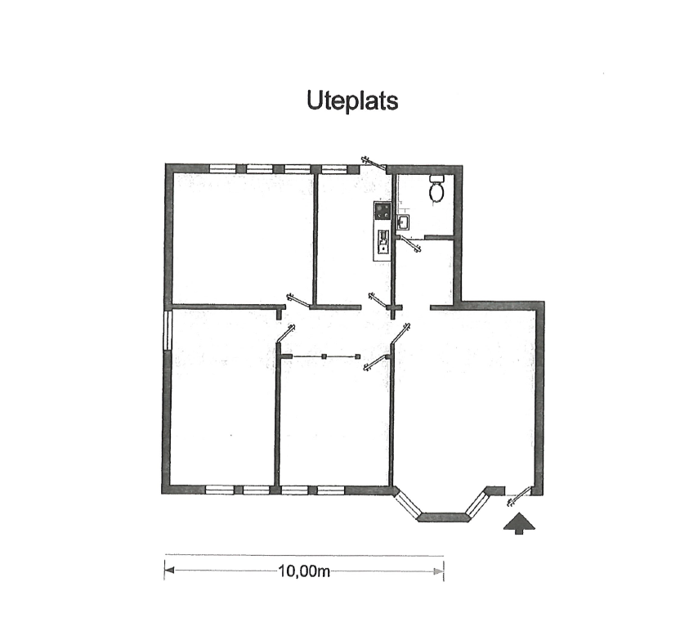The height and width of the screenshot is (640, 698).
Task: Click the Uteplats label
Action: click(x=352, y=101)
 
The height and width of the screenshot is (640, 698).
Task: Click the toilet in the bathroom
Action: click(x=436, y=188)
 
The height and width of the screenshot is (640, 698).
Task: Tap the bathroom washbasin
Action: click(x=403, y=222)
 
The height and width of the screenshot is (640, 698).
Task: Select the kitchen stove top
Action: click(x=383, y=210)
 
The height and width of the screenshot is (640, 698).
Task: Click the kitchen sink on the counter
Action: click(x=383, y=242)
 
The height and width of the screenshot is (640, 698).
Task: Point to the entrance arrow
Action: click(x=519, y=523)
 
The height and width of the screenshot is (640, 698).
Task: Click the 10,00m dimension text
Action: click(x=304, y=571)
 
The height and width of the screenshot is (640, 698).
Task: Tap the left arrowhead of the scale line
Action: click(x=169, y=571)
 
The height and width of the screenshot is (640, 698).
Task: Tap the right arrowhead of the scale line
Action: click(x=439, y=571)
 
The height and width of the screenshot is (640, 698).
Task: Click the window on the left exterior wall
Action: click(x=168, y=329)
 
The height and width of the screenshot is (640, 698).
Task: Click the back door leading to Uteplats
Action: click(x=374, y=163)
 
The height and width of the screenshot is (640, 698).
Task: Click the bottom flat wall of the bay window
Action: click(x=445, y=517)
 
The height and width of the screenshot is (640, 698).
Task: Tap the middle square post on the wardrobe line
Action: click(x=324, y=356)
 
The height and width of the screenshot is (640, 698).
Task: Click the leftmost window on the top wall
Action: click(x=222, y=169)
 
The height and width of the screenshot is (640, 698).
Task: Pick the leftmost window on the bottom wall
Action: click(x=220, y=490)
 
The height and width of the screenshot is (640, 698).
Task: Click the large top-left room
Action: click(x=243, y=238)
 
